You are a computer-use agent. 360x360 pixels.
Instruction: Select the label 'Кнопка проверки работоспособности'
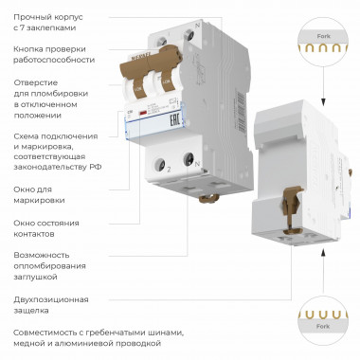(54, 53)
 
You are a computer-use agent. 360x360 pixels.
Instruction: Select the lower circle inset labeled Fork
(318, 316)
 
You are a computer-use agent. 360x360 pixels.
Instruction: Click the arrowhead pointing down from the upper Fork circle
(318, 101)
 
